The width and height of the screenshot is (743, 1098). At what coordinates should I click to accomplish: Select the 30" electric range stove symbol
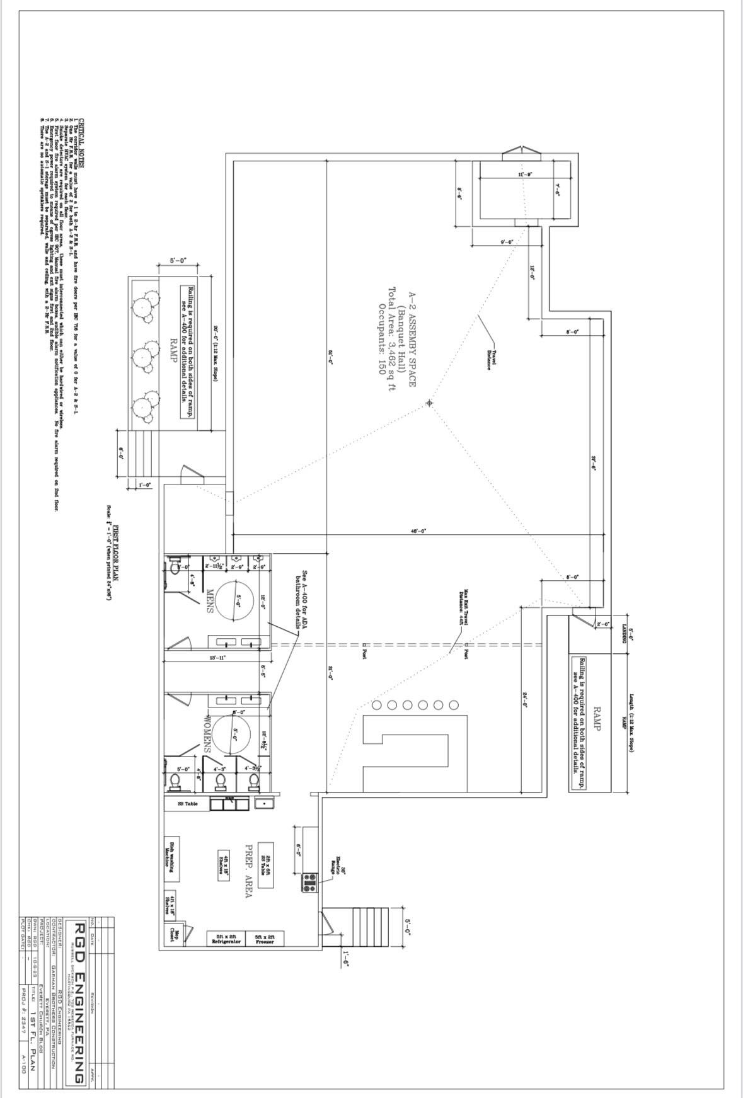[x=309, y=883]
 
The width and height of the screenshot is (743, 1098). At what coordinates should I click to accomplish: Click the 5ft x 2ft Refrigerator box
[x=225, y=939]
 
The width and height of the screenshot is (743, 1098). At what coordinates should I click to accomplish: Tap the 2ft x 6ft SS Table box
[x=267, y=863]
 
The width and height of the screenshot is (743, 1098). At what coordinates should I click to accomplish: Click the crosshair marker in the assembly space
[x=429, y=403]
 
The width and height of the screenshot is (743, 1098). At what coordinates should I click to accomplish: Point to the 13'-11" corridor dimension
[x=217, y=658]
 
